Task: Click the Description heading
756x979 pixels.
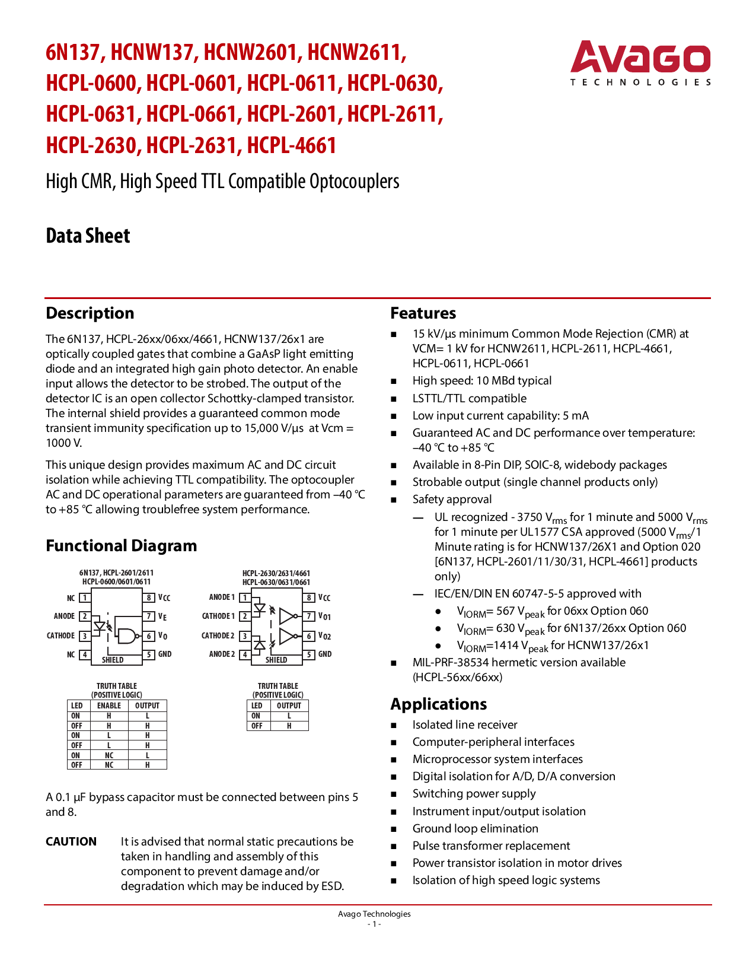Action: click(x=90, y=313)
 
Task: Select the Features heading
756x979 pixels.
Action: click(x=423, y=313)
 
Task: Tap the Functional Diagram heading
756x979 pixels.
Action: click(x=121, y=546)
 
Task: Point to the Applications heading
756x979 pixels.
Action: click(x=438, y=704)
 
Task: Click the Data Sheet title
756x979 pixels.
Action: click(x=88, y=236)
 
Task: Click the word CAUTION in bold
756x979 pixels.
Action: click(x=71, y=841)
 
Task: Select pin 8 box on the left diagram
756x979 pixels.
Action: click(x=150, y=598)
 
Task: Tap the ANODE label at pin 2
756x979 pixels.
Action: click(x=64, y=616)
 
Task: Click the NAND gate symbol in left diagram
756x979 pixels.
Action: click(x=126, y=635)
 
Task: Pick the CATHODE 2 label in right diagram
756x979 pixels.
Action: click(x=218, y=636)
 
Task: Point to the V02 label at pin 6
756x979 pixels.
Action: click(x=324, y=636)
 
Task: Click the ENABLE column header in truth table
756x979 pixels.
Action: click(x=109, y=706)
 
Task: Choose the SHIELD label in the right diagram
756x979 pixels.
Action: click(x=276, y=660)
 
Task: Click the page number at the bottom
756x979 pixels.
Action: click(x=374, y=924)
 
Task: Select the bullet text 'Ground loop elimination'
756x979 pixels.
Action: click(x=476, y=828)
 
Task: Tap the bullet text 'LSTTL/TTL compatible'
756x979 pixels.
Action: click(x=470, y=398)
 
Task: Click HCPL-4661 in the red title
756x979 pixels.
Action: click(x=292, y=145)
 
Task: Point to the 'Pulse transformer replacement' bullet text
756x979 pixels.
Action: click(x=491, y=846)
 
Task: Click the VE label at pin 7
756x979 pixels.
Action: click(x=162, y=617)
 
